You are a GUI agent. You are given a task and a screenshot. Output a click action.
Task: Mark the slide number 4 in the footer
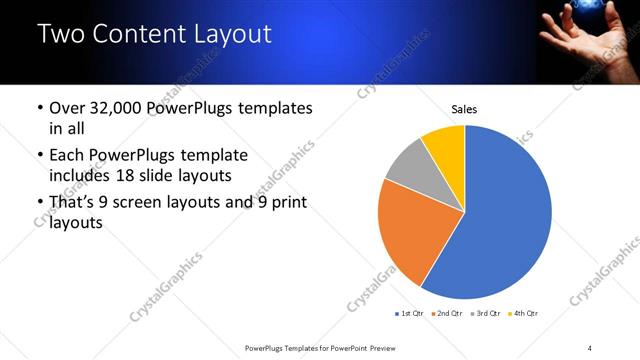pyautogui.click(x=589, y=347)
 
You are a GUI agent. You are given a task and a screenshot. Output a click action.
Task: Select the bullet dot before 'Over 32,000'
pyautogui.click(x=39, y=108)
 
